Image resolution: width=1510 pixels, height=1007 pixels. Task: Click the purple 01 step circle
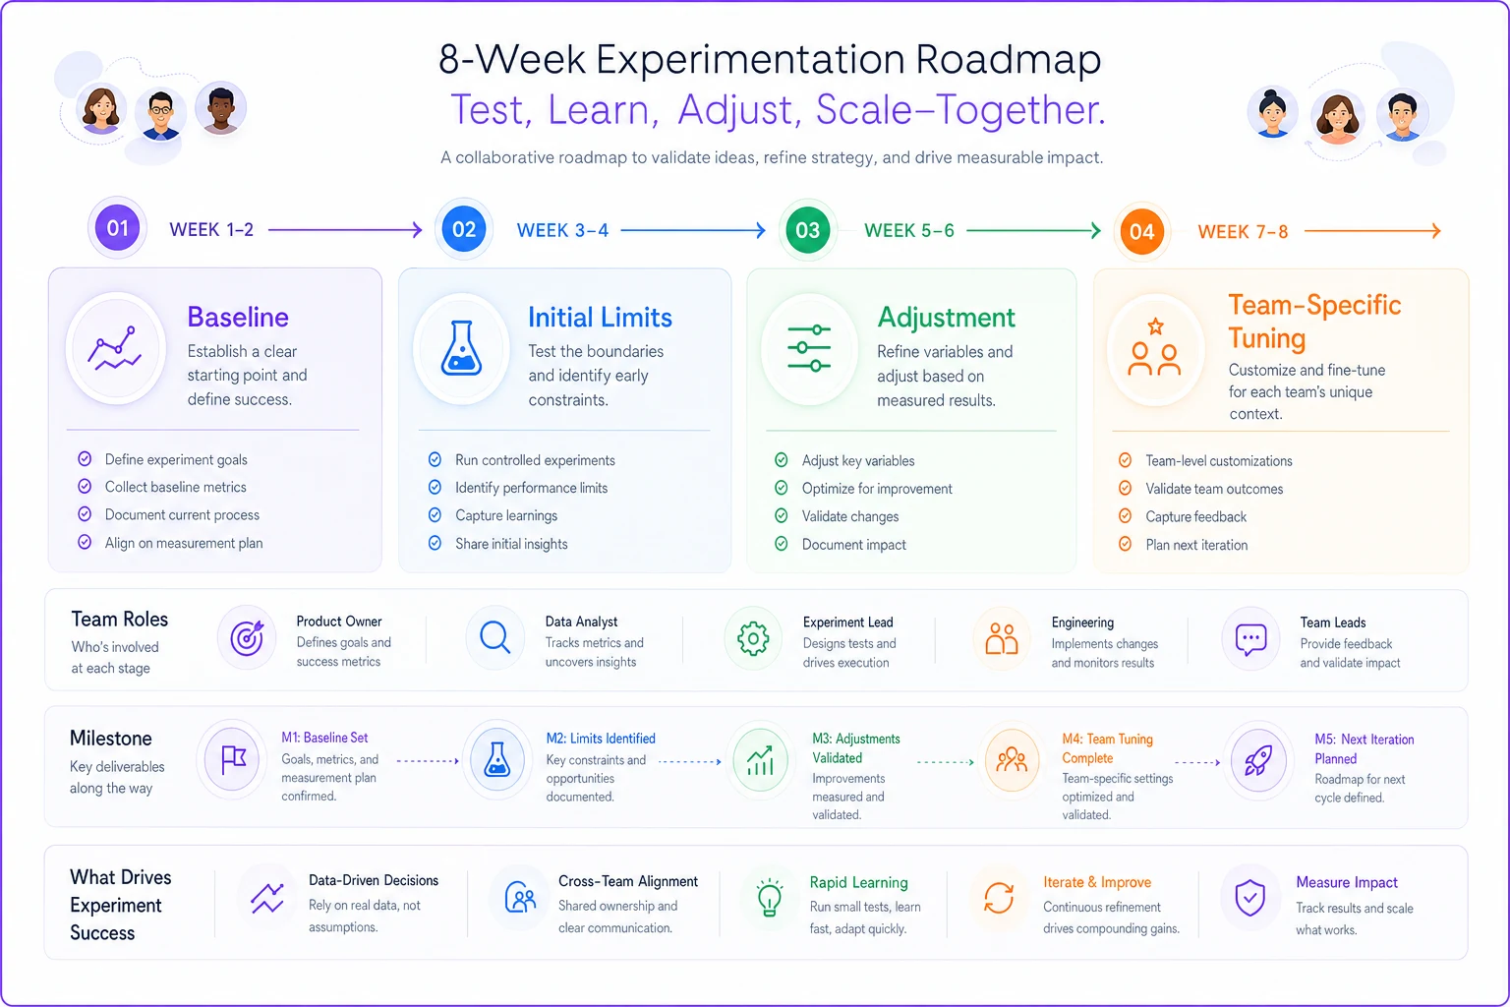(x=117, y=228)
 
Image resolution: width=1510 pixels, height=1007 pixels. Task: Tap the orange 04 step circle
(x=1141, y=231)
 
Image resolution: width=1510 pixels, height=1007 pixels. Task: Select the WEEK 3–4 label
(x=562, y=230)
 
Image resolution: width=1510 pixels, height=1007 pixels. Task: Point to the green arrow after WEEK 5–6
(x=1033, y=231)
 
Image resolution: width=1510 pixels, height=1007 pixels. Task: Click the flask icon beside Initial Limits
(x=461, y=348)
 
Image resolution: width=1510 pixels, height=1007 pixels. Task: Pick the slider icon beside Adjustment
(x=809, y=349)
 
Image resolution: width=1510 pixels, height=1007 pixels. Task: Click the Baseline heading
(x=238, y=317)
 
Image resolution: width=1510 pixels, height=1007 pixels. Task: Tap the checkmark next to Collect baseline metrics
(x=85, y=487)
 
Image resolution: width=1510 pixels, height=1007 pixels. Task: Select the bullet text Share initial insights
(x=511, y=544)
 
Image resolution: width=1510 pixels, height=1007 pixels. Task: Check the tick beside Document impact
(x=782, y=544)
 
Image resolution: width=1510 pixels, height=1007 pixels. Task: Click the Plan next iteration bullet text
(x=1196, y=545)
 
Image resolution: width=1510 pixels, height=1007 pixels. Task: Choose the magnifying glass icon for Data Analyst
(x=494, y=637)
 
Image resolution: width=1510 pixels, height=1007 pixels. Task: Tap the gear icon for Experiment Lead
(x=753, y=638)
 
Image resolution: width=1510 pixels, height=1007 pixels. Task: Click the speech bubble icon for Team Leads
(x=1250, y=639)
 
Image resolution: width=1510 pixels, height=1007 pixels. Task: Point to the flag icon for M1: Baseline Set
(x=233, y=759)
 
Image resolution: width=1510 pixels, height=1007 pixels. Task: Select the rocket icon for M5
(x=1258, y=761)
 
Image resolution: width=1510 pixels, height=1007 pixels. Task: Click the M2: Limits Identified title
(x=601, y=739)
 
